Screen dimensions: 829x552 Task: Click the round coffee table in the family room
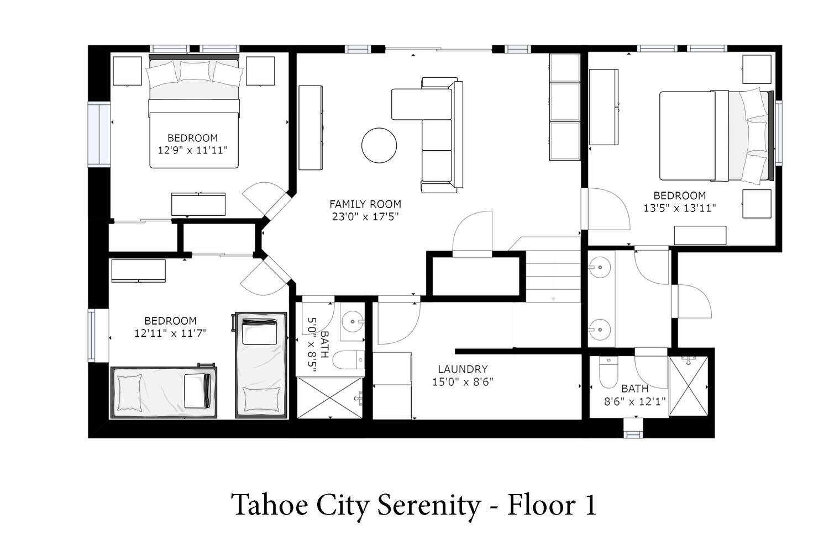coord(379,145)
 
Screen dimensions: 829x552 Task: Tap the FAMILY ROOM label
coord(365,204)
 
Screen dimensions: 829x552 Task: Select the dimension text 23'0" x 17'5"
coord(365,216)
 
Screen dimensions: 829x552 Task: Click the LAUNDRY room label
coord(463,369)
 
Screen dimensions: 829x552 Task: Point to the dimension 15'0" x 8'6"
coord(463,381)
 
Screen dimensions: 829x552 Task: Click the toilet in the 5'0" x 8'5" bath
coord(348,360)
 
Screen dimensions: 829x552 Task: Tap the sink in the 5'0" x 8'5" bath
coord(352,321)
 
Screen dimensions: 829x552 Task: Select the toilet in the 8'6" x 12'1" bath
coord(608,372)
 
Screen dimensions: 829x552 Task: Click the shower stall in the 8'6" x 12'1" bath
coord(689,386)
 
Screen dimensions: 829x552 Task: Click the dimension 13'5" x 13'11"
coord(679,208)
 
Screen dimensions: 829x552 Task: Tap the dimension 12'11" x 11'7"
coord(170,333)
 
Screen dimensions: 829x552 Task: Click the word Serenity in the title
coord(428,506)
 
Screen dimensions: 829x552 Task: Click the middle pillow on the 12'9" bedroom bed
coord(195,71)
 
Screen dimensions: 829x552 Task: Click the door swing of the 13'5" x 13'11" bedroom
coord(609,209)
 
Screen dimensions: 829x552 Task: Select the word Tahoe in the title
coord(270,505)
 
